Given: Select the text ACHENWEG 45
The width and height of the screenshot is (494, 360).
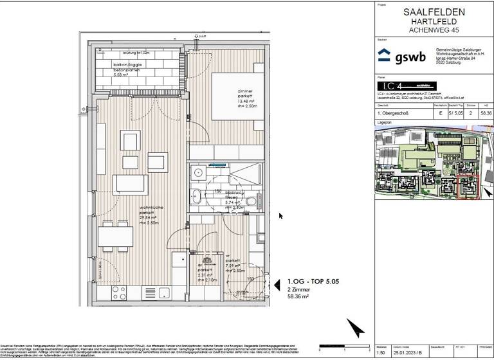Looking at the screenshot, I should point(432,30).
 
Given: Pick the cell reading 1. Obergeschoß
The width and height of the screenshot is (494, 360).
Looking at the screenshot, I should point(394,113).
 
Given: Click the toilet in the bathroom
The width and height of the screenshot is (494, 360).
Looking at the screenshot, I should point(251,204).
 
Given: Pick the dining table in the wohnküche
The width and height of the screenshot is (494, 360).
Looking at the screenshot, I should point(115,237).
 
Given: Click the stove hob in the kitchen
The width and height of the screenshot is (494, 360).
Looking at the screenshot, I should point(120,293).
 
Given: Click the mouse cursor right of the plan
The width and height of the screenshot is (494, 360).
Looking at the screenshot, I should point(280,216).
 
